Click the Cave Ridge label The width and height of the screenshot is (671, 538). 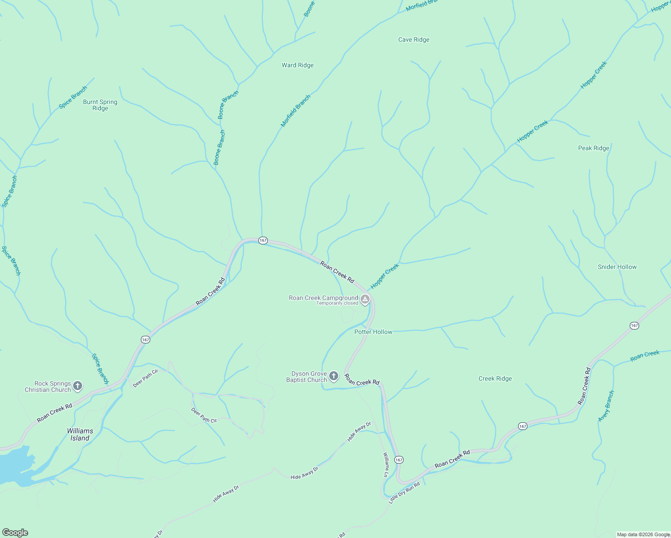tap(414, 39)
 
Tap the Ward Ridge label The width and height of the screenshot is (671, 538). tap(297, 65)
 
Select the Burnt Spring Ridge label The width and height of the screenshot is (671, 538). tap(100, 105)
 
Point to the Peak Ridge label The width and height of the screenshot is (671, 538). tap(593, 148)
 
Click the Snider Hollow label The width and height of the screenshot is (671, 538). tap(617, 267)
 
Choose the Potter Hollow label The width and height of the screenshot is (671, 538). tap(373, 332)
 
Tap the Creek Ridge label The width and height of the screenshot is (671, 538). tap(495, 378)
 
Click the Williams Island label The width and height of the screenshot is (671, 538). tap(80, 434)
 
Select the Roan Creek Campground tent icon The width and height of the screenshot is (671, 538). tap(365, 299)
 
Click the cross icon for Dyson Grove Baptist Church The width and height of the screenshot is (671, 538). tap(333, 376)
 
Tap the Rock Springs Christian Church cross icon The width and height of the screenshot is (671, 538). tap(78, 386)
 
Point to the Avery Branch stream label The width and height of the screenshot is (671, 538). tap(606, 406)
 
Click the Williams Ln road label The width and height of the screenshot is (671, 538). tap(386, 464)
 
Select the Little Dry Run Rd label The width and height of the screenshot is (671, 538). tap(404, 493)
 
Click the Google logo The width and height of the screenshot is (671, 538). tap(15, 533)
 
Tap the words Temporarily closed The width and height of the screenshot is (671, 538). tap(337, 304)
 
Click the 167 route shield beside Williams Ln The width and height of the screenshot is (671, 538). tap(399, 460)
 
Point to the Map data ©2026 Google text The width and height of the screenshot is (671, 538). tap(643, 534)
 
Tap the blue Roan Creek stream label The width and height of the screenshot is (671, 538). tap(645, 356)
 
